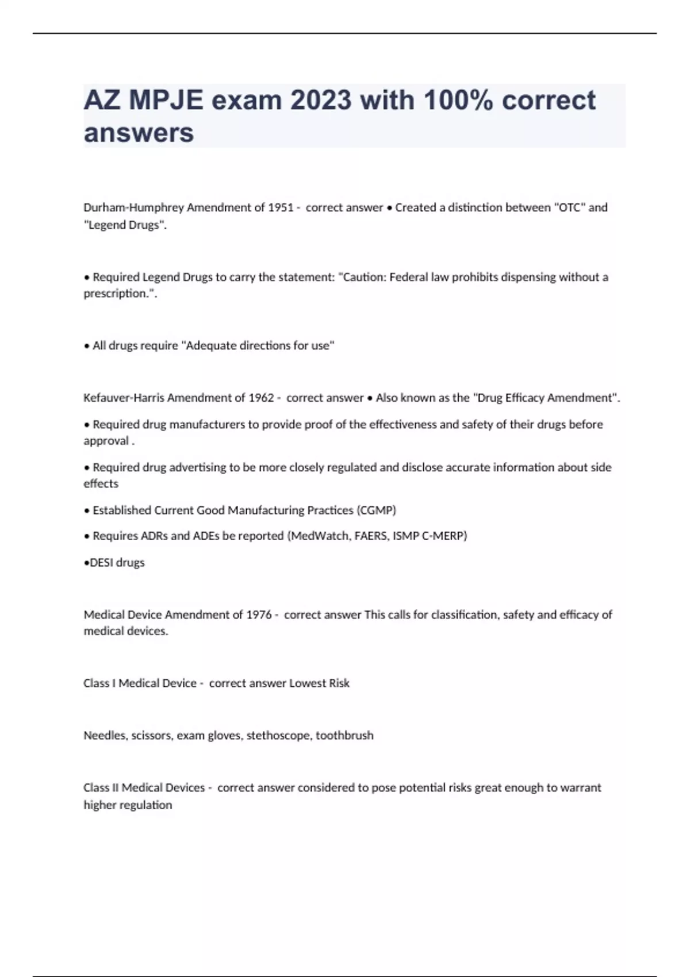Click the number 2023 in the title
(x=320, y=101)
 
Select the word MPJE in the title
(x=166, y=101)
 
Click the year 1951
(x=281, y=207)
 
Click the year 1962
(x=261, y=398)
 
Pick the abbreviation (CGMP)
(x=376, y=510)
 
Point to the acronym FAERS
(x=371, y=536)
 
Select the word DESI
(x=102, y=563)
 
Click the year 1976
(x=259, y=615)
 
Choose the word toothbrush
(x=344, y=736)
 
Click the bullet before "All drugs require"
(x=87, y=346)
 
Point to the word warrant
(x=580, y=788)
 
